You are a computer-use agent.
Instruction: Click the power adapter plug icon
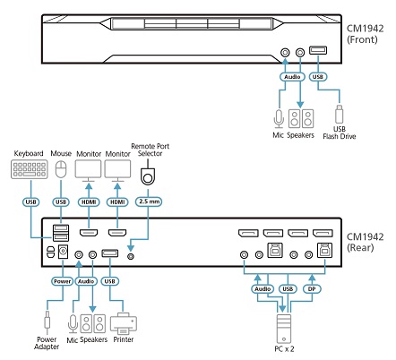click(45, 319)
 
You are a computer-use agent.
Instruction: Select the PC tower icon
click(284, 324)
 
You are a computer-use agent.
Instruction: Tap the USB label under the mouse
click(61, 203)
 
